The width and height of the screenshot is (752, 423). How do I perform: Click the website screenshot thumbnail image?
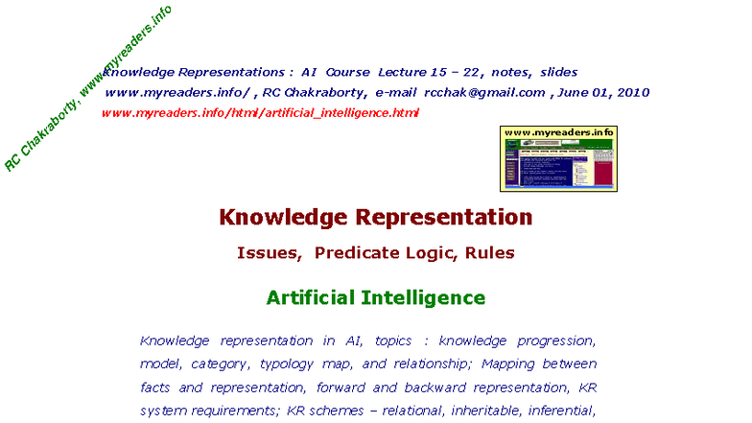(558, 164)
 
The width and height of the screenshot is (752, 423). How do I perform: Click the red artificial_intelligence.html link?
(260, 112)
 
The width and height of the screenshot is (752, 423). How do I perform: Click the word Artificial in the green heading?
(312, 297)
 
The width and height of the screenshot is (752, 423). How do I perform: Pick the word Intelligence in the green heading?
(425, 297)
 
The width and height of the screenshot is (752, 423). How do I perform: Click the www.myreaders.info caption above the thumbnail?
(558, 131)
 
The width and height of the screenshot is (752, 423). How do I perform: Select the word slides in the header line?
(558, 72)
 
